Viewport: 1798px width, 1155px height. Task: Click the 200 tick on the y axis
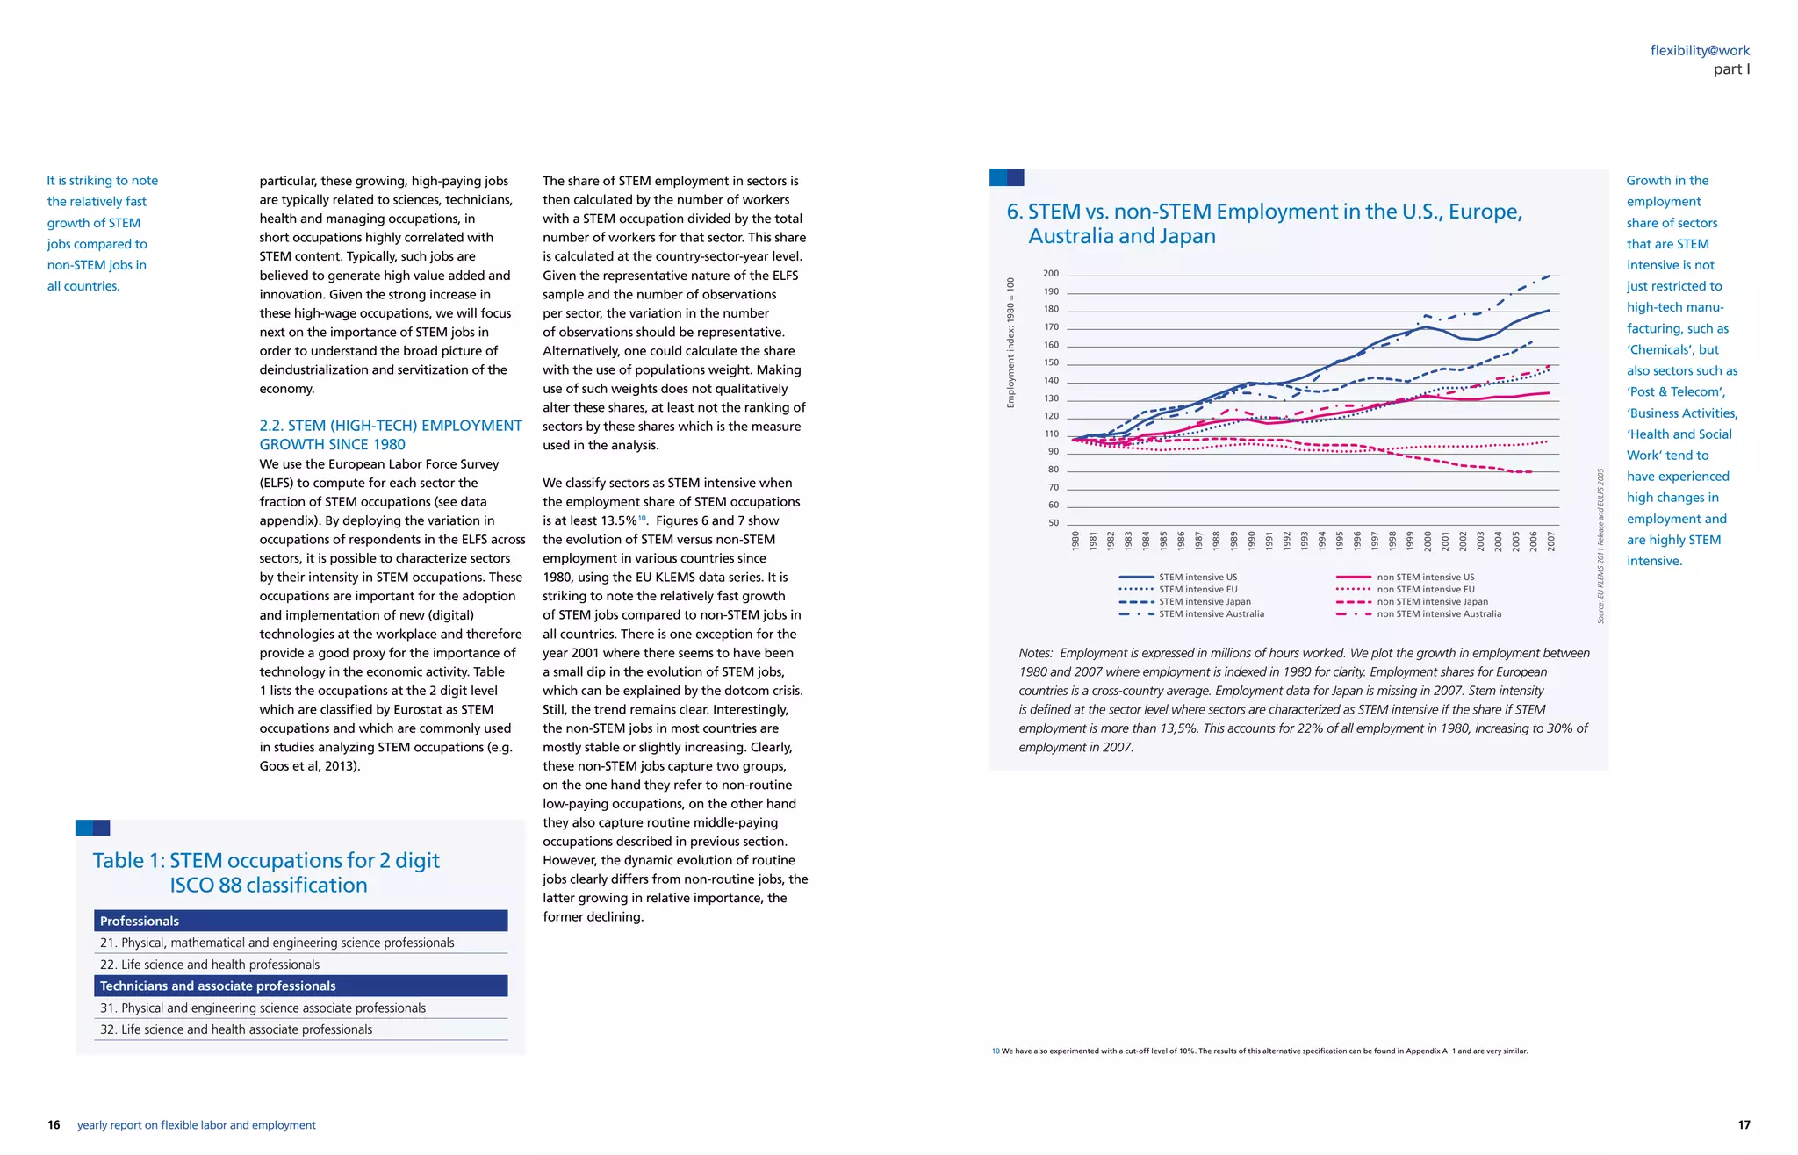coord(1051,274)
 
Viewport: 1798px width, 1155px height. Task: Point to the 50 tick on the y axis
coord(1053,523)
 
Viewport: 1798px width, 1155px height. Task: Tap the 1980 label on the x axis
coord(1075,541)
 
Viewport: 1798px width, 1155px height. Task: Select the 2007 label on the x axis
coord(1551,541)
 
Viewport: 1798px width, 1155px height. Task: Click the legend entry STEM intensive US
coord(1197,577)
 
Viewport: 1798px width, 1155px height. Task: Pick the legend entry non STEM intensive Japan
coord(1432,602)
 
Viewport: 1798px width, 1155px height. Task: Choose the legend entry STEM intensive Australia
coord(1211,614)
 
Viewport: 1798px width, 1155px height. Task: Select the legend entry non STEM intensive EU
coord(1425,590)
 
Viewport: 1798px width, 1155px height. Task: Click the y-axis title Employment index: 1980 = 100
coord(1010,343)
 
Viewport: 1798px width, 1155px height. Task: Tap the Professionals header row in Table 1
coord(300,921)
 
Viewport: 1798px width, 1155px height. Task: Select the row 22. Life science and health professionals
coord(210,965)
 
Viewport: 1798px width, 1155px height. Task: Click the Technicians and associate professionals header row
coord(300,986)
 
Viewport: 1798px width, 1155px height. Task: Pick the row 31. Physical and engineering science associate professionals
coord(263,1008)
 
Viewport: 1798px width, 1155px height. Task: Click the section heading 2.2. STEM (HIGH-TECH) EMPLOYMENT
coord(390,426)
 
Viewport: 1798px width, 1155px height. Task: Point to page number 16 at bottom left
coord(54,1125)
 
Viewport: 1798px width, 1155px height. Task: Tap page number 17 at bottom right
coord(1744,1125)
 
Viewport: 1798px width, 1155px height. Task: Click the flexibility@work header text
coord(1699,51)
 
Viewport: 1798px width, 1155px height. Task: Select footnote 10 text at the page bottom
coord(1259,1051)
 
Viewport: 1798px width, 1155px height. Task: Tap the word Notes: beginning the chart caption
coord(1035,653)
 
